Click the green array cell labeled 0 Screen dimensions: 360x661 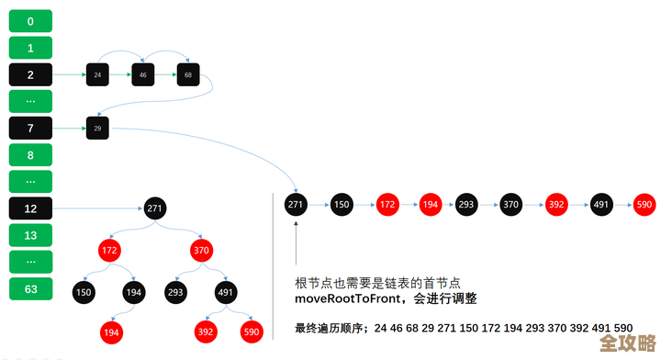tap(30, 20)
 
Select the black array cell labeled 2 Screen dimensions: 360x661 tap(30, 73)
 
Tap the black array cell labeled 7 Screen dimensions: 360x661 tap(30, 128)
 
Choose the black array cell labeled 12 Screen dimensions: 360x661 tap(30, 208)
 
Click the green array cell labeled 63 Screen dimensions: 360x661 tap(30, 288)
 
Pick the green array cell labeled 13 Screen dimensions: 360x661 tap(30, 235)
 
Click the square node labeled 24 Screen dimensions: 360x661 tap(97, 73)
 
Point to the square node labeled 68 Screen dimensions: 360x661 tap(188, 73)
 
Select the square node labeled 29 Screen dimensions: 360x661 tap(97, 129)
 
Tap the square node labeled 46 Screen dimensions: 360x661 tap(142, 73)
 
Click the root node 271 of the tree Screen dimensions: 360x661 tap(154, 208)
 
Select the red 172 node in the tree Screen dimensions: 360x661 tap(110, 250)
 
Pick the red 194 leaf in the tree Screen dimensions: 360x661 tap(110, 331)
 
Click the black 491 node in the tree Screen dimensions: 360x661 tap(226, 291)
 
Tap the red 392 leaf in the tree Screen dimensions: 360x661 tap(205, 331)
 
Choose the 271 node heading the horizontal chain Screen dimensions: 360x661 tap(296, 204)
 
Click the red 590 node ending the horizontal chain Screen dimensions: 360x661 tap(644, 204)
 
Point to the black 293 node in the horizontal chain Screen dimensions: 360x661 tap(465, 204)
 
